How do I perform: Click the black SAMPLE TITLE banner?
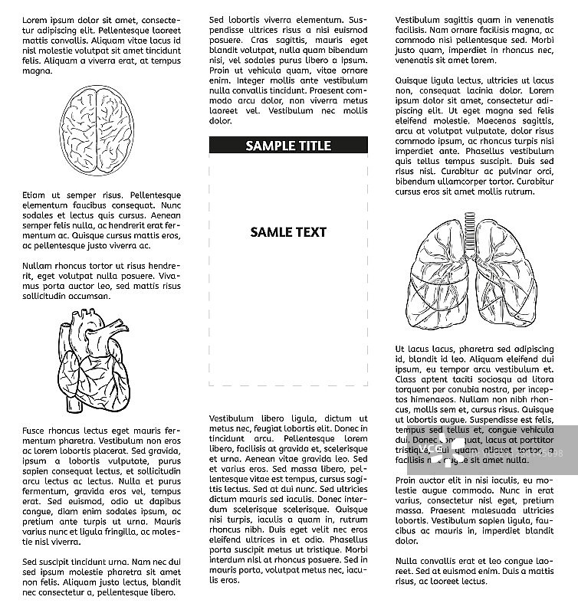coord(288,146)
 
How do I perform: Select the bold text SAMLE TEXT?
coord(288,232)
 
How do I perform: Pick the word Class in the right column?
coord(408,379)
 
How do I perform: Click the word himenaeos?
coord(421,399)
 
